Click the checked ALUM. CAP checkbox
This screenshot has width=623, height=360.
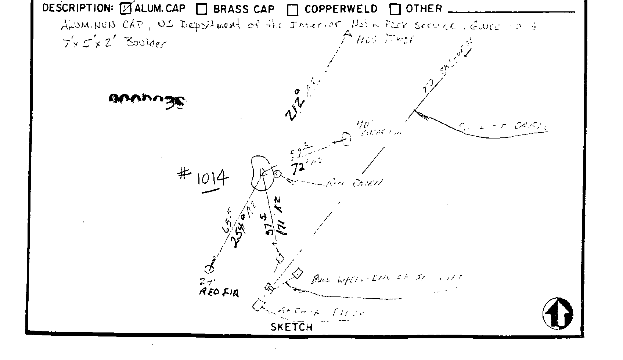tap(126, 9)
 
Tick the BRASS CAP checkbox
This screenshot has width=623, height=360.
tap(202, 9)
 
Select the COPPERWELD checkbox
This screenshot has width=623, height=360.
tap(293, 10)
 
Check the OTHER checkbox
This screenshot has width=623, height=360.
tap(395, 9)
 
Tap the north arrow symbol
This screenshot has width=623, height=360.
tap(558, 313)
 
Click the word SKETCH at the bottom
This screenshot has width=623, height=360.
tap(291, 327)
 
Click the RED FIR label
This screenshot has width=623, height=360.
tap(219, 292)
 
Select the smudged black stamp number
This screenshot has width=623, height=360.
tap(147, 100)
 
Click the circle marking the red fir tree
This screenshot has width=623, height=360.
tap(209, 270)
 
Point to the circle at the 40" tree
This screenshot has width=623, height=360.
tap(346, 138)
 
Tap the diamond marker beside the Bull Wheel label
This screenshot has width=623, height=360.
tap(298, 274)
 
